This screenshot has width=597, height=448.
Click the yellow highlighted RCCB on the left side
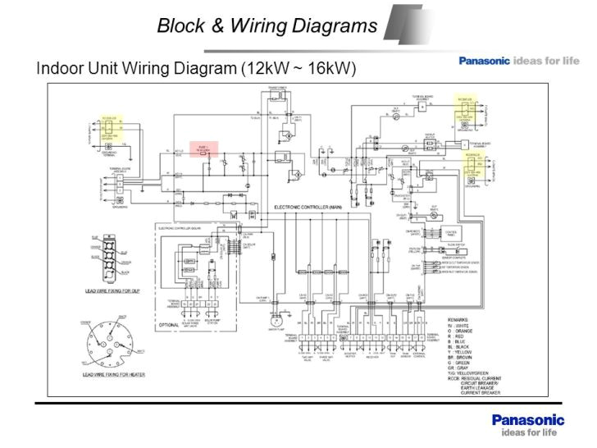pyautogui.click(x=111, y=125)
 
